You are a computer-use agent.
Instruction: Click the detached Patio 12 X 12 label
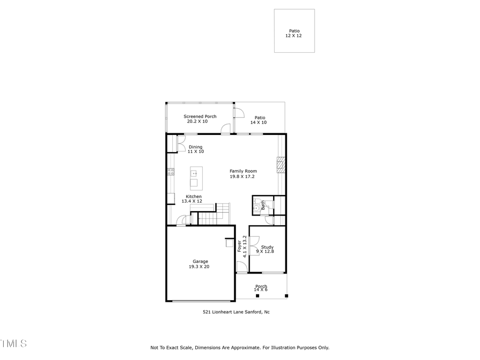point(294,34)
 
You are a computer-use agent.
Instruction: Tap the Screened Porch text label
point(200,116)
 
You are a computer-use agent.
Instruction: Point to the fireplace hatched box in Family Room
point(281,165)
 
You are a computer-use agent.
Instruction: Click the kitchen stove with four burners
point(171,171)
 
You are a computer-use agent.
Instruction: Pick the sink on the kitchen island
point(195,173)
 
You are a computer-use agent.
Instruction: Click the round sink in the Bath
point(257,208)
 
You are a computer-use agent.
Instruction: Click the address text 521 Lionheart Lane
point(236,312)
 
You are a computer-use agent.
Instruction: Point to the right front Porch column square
point(286,295)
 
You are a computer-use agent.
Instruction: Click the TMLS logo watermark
point(13,343)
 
